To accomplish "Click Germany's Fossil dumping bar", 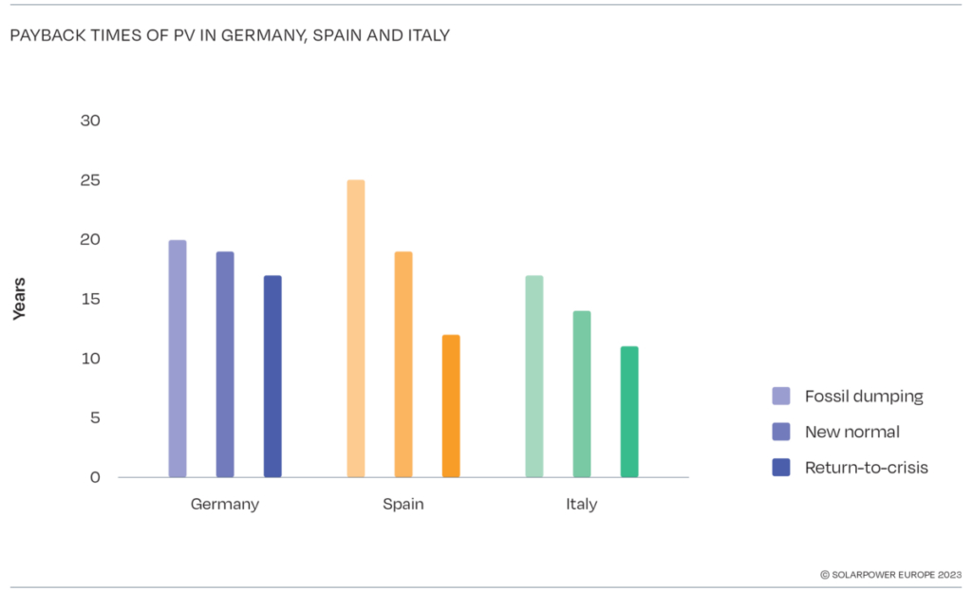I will pos(178,359).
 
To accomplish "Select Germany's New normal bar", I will pos(225,364).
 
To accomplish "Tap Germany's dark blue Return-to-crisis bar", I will pos(272,377).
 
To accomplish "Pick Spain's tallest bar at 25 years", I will pos(356,328).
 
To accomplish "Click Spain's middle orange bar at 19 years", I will pos(403,364).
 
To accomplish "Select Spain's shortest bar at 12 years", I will pos(451,406).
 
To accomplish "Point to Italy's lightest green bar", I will pos(534,377).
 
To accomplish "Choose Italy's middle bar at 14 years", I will pos(582,394).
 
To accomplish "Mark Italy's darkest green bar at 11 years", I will pos(629,412).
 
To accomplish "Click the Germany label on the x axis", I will pos(225,505).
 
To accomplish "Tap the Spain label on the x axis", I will pos(403,505).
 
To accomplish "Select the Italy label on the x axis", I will pos(582,505).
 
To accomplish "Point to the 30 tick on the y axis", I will pos(91,121).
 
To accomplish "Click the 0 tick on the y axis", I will pos(95,477).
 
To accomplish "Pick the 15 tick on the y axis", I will pos(91,300).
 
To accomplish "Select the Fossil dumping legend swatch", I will pos(781,397).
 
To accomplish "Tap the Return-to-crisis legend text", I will pos(867,467).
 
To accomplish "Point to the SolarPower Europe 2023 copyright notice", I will pos(891,574).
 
